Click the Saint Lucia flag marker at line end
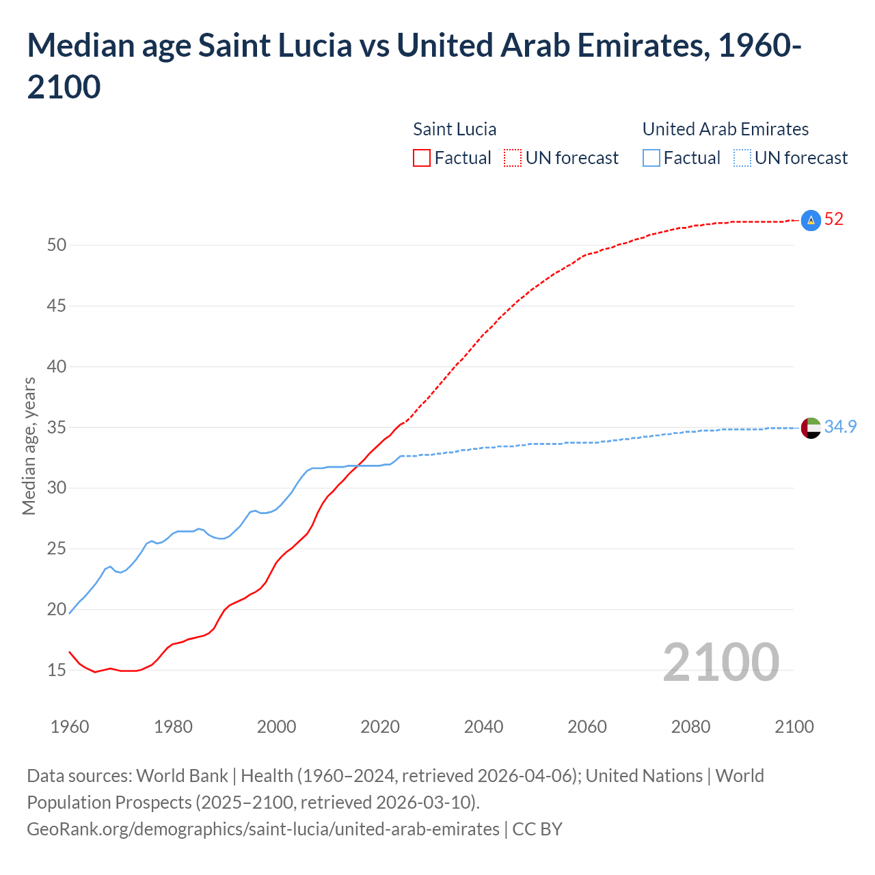[x=810, y=220]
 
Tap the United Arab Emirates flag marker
[x=810, y=428]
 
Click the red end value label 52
[x=833, y=219]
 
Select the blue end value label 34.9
[x=840, y=427]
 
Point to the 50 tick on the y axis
[x=57, y=245]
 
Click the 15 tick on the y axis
[x=57, y=670]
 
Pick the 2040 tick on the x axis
[x=483, y=727]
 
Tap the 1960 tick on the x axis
[x=70, y=727]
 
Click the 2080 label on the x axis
[x=690, y=727]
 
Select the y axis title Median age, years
[x=29, y=446]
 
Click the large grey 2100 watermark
[x=721, y=662]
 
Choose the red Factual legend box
[x=422, y=158]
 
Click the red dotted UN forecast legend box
[x=513, y=158]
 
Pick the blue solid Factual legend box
[x=651, y=158]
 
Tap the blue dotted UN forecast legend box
[x=742, y=158]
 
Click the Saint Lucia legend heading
[x=455, y=129]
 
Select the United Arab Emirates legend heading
[x=725, y=129]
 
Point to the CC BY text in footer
[x=537, y=829]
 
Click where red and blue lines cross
[x=358, y=466]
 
